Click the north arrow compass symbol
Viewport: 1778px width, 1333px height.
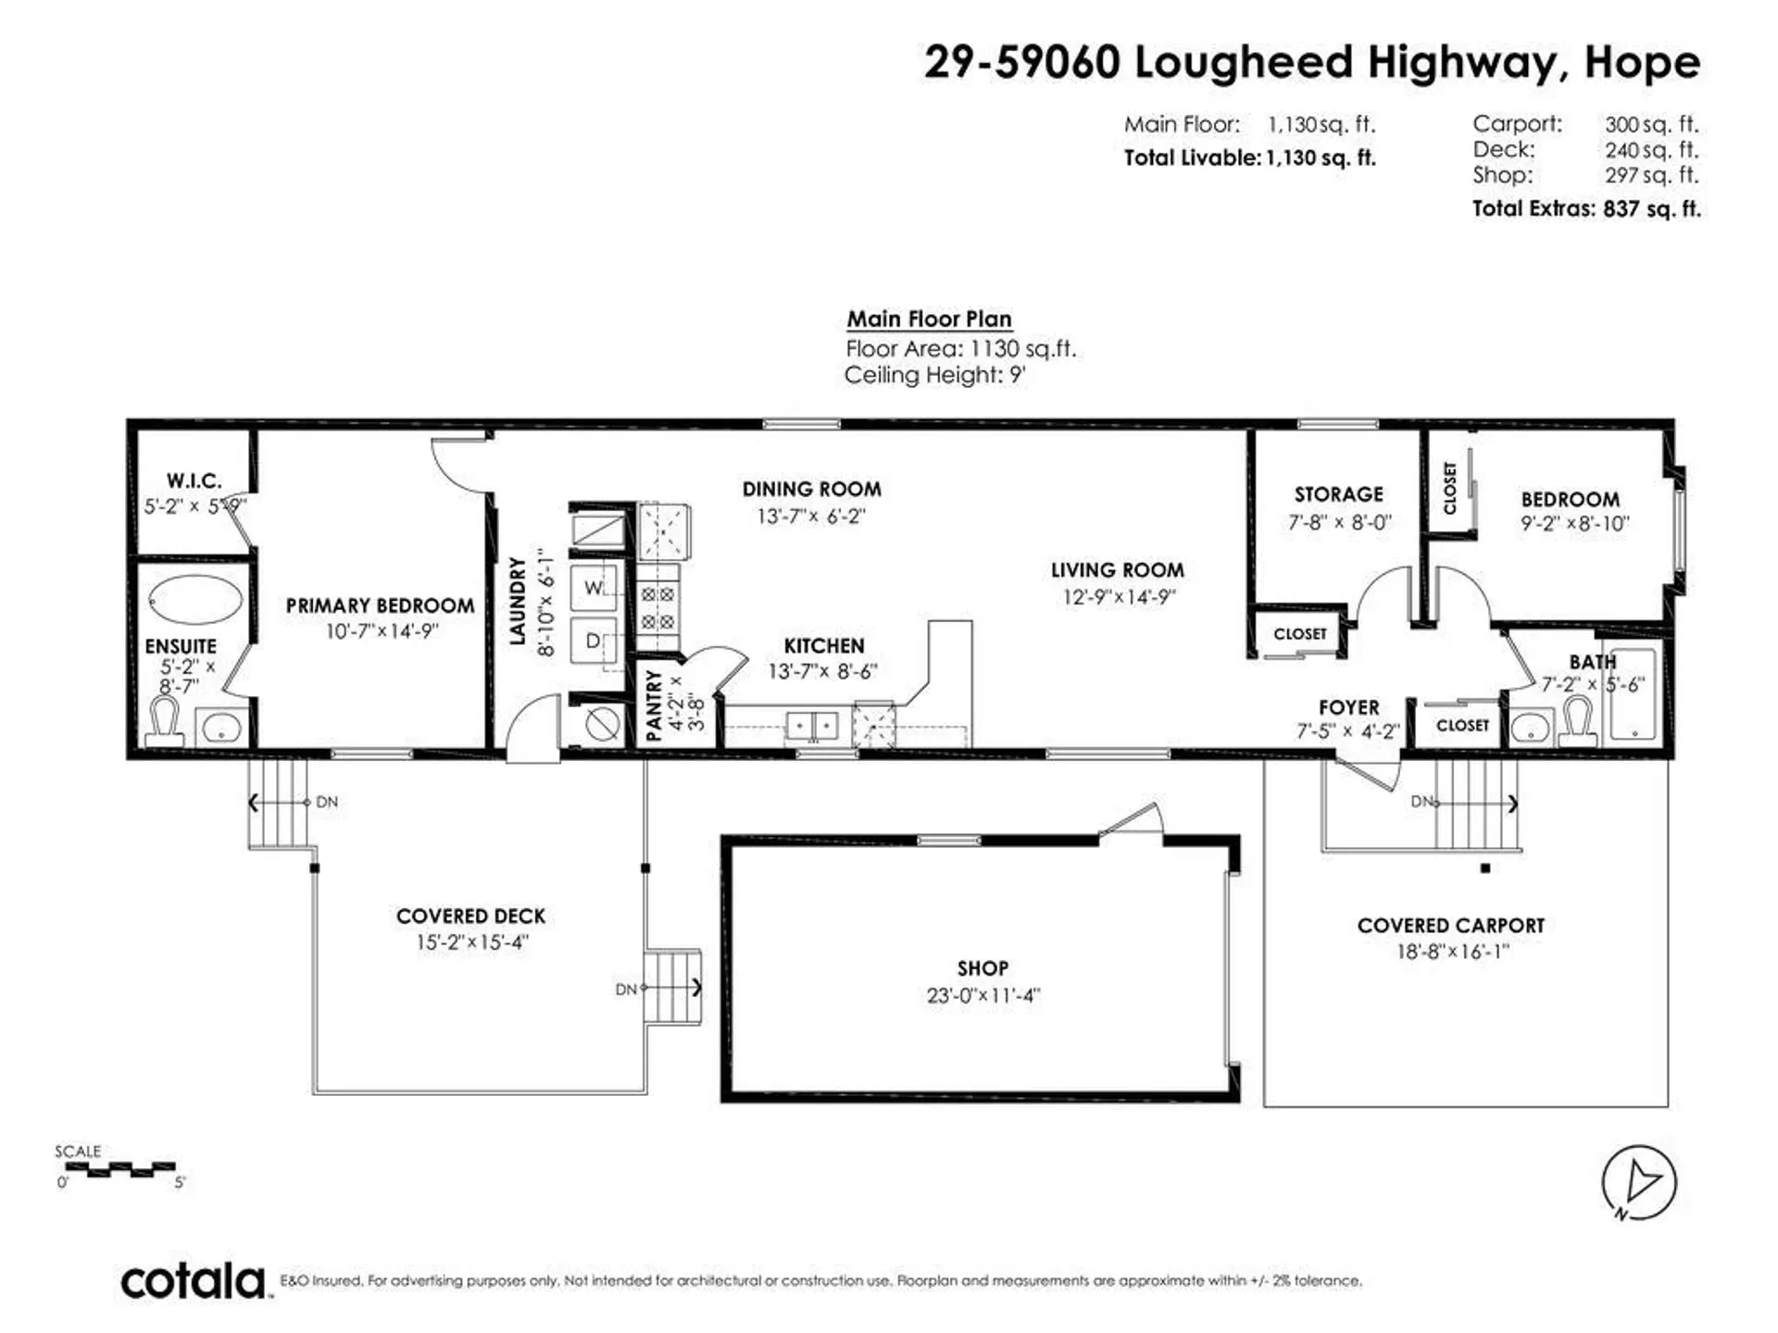click(x=1638, y=1182)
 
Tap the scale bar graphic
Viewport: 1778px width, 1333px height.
click(x=120, y=1170)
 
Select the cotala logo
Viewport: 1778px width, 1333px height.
click(x=194, y=1281)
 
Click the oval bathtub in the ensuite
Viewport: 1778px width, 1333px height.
click(x=195, y=600)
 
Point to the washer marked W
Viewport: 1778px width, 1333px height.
click(x=594, y=589)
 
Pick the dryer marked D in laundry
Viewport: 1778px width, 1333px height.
click(x=594, y=641)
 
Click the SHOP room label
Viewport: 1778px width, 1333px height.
click(x=982, y=968)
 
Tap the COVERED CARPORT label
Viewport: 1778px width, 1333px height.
click(x=1450, y=926)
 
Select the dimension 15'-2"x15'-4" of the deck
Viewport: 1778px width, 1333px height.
click(x=471, y=942)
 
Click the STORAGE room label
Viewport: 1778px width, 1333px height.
click(x=1338, y=494)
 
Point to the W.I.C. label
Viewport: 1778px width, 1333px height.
click(x=194, y=480)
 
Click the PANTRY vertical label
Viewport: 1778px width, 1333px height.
click(x=653, y=705)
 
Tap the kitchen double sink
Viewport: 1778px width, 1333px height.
click(x=812, y=726)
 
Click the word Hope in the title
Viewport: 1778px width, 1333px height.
click(x=1642, y=63)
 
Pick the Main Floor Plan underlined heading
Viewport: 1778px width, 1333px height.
click(x=929, y=319)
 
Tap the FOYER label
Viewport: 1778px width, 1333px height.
click(x=1348, y=707)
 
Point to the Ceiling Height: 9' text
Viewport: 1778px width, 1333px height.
click(x=934, y=375)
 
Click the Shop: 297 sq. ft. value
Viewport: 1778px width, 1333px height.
click(x=1651, y=175)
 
